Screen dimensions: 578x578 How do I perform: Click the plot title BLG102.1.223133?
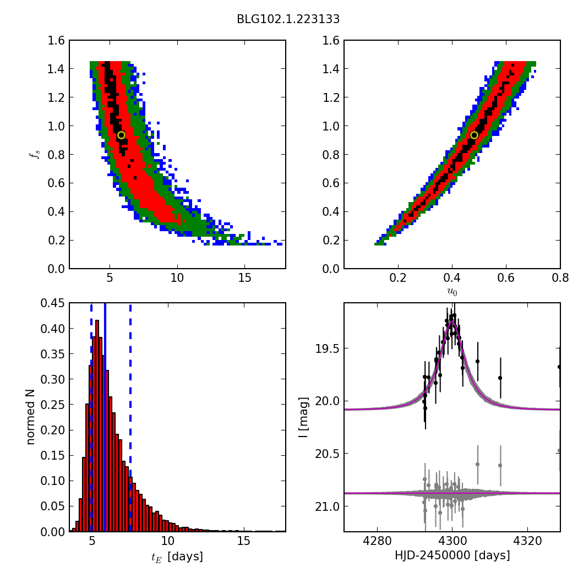tap(288, 19)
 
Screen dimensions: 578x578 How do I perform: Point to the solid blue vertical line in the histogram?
tap(105, 417)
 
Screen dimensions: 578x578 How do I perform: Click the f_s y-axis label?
tap(35, 154)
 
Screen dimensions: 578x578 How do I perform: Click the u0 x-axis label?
tap(452, 292)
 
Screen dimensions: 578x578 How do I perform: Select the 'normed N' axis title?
tap(30, 417)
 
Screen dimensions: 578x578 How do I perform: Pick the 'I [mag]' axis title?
tap(303, 418)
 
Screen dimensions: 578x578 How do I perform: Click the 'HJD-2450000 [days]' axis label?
tap(452, 555)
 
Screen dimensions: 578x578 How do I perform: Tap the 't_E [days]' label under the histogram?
tap(177, 557)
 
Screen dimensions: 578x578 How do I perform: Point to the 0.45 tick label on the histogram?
tap(52, 303)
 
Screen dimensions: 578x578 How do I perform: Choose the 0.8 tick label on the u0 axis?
tap(560, 277)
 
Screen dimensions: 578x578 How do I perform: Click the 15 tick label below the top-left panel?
tap(244, 277)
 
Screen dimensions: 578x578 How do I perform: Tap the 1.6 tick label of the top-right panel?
tap(331, 40)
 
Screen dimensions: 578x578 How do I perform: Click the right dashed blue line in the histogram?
tap(130, 417)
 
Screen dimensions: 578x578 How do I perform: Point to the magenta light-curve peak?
tap(452, 322)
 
